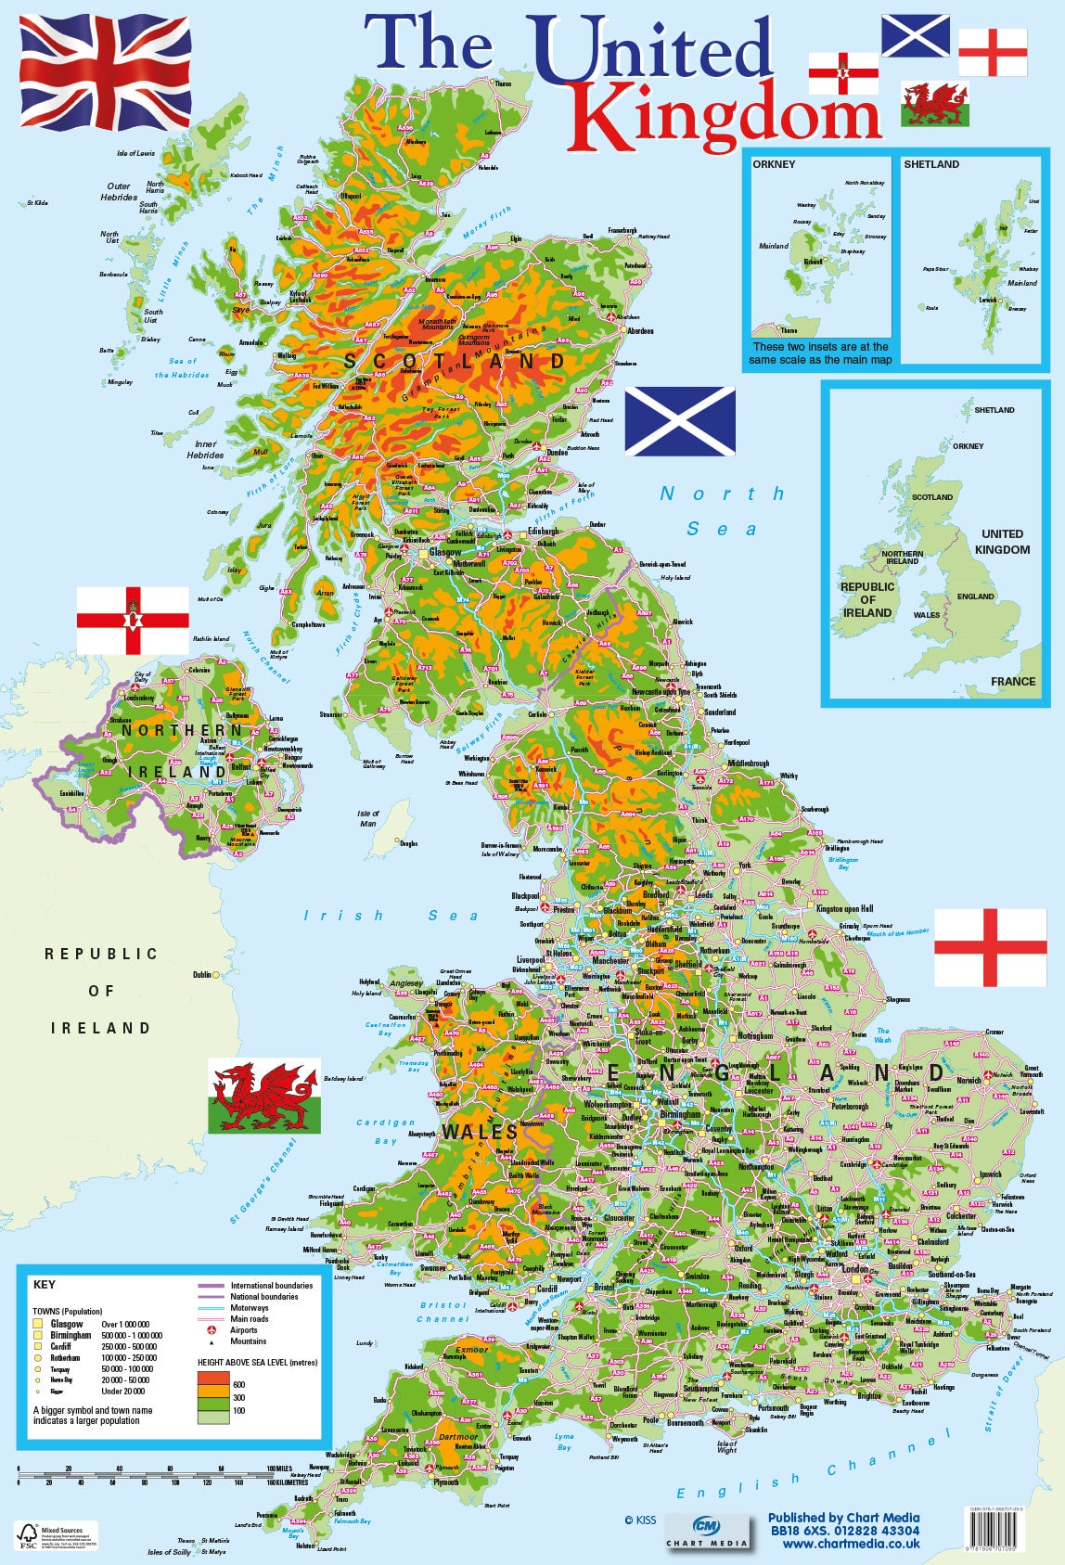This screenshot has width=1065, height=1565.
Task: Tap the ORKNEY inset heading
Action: click(774, 164)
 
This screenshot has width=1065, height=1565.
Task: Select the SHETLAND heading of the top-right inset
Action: click(931, 164)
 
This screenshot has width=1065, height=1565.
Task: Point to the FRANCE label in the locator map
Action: click(1012, 681)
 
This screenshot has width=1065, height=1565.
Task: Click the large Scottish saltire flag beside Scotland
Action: click(680, 422)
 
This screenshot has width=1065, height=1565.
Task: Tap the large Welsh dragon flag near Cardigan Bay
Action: click(263, 1096)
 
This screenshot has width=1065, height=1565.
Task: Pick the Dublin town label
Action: click(202, 975)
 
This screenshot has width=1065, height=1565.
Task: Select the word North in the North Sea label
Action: click(722, 494)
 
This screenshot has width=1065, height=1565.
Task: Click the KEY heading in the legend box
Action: click(44, 1285)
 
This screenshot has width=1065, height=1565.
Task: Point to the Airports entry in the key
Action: click(244, 1329)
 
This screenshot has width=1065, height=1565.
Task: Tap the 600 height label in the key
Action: click(238, 1384)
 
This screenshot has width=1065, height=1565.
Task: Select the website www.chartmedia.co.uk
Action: click(851, 1544)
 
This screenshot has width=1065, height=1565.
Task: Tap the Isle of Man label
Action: click(368, 818)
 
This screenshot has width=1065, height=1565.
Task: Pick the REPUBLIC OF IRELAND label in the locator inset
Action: click(867, 599)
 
